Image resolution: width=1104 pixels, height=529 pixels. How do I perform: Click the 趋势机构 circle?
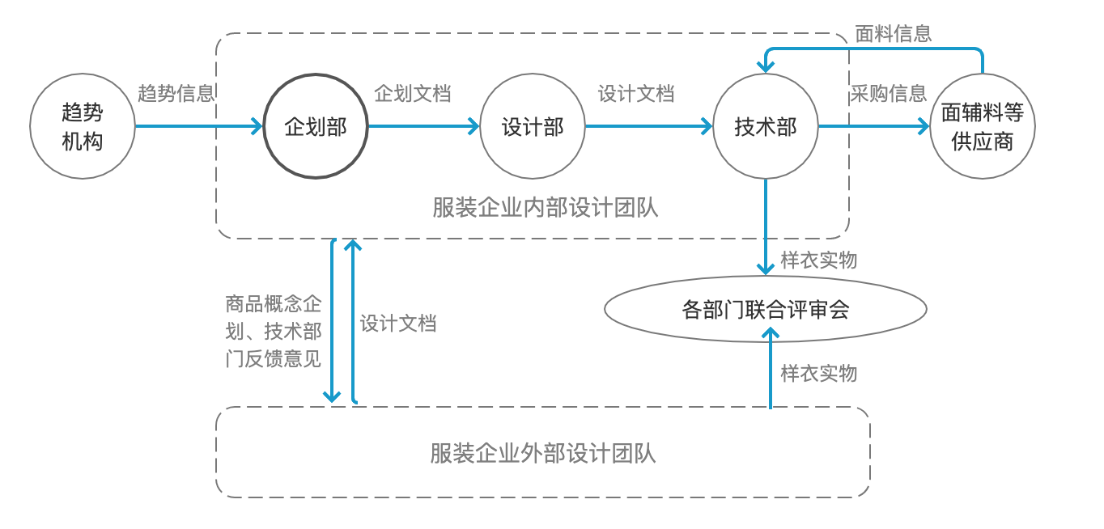[x=83, y=127]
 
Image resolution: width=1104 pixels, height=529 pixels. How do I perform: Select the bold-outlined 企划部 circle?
[x=315, y=127]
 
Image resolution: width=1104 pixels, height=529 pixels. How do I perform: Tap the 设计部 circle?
[x=532, y=127]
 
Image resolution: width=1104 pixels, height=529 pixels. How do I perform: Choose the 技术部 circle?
[x=765, y=127]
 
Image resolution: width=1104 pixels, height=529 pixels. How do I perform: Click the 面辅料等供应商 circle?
[x=983, y=127]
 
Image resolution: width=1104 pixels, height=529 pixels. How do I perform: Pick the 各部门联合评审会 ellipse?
[x=765, y=309]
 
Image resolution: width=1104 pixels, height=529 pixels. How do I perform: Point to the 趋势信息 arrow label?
[x=176, y=94]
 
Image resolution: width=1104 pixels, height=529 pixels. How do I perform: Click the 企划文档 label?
[x=413, y=94]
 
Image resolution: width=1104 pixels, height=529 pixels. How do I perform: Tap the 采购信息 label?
[x=888, y=94]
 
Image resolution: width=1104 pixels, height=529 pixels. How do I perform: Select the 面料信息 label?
[x=894, y=33]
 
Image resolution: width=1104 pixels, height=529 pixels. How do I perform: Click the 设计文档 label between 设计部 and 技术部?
[x=636, y=94]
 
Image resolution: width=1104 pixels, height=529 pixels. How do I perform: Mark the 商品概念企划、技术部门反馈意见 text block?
[x=274, y=332]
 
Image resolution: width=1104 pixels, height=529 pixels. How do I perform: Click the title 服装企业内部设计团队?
[x=546, y=208]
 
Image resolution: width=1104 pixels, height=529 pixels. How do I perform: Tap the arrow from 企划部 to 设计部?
[x=423, y=126]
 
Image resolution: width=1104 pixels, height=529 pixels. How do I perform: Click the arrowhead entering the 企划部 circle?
[x=257, y=126]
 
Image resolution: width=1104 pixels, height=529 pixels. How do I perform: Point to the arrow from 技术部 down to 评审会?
[x=765, y=226]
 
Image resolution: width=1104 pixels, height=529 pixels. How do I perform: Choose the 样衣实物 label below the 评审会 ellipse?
[x=818, y=373]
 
